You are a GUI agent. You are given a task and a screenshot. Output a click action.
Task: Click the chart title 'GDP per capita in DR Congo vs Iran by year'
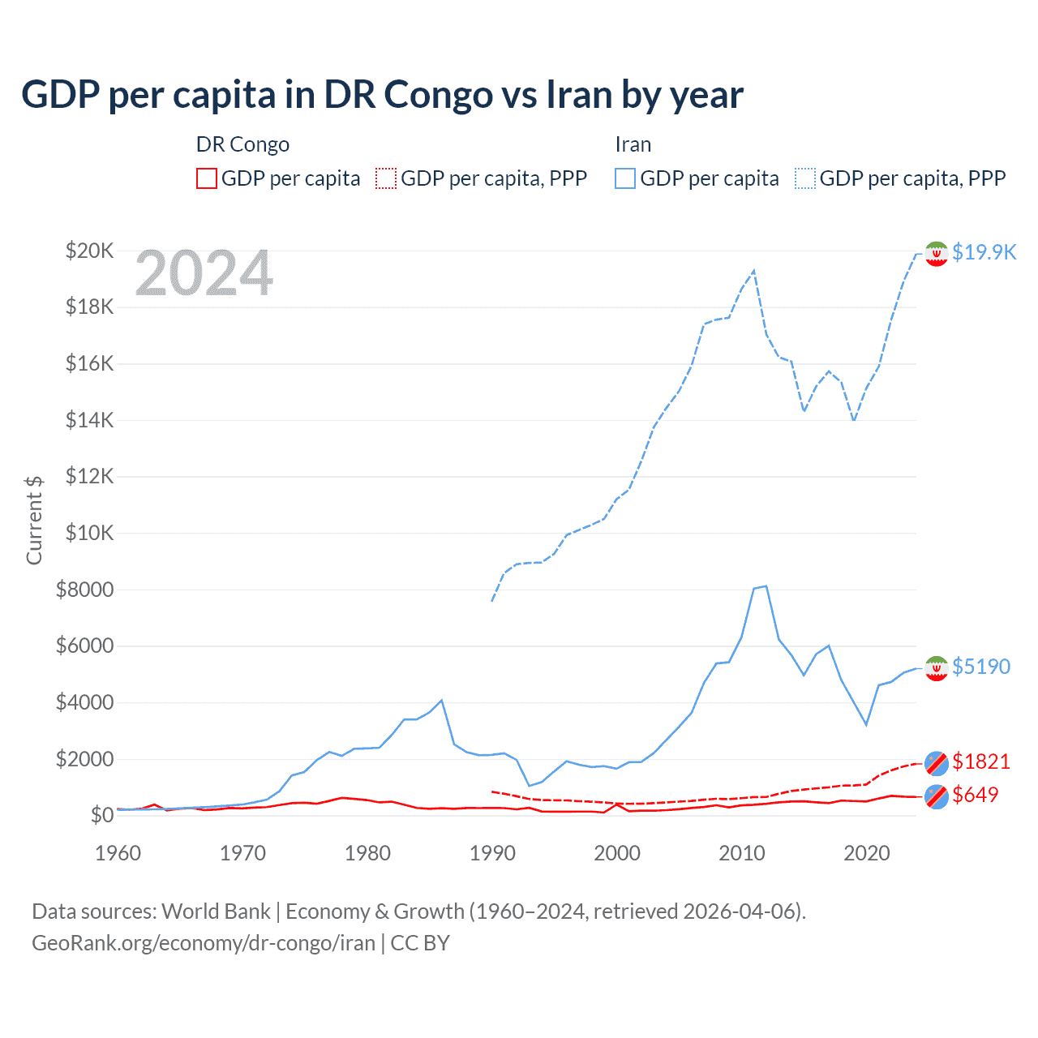tap(382, 95)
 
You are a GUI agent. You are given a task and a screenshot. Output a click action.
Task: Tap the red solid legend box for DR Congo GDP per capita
tap(207, 178)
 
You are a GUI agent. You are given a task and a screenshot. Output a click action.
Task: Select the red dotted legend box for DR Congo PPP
tap(386, 178)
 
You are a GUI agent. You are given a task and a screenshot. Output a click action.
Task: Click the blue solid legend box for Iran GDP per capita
tap(625, 178)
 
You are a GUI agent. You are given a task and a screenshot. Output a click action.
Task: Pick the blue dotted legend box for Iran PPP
tap(805, 178)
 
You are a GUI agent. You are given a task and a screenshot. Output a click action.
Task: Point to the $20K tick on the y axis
tap(89, 251)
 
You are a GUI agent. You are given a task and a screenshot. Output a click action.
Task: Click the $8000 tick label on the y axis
tap(84, 590)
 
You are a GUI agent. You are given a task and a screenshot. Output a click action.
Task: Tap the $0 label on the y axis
tap(101, 815)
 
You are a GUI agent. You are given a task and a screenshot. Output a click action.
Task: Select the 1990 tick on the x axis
tap(492, 853)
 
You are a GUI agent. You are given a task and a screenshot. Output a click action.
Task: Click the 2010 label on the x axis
tap(742, 853)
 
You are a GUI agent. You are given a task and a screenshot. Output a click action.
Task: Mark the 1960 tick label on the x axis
tap(118, 853)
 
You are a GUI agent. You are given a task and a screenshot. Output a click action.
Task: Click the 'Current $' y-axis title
tap(34, 520)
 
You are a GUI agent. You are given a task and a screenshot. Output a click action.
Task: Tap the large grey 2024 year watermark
tap(204, 274)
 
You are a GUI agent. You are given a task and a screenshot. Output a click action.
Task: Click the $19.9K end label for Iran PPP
tap(984, 252)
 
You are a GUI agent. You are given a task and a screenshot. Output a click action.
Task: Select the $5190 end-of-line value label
tap(981, 667)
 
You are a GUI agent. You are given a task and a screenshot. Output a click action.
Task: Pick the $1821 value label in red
tap(981, 761)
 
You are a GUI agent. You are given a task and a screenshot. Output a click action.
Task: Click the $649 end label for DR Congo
tap(976, 795)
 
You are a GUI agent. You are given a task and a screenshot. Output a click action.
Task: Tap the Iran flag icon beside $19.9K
tap(937, 254)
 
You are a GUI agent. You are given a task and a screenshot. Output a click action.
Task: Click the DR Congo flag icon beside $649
tap(937, 796)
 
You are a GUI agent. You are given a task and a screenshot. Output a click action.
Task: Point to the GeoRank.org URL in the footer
tap(204, 943)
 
